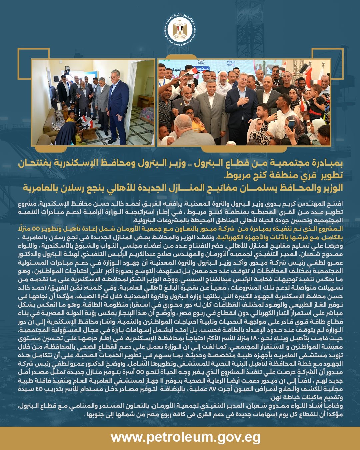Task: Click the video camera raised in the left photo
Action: coord(67,70)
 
